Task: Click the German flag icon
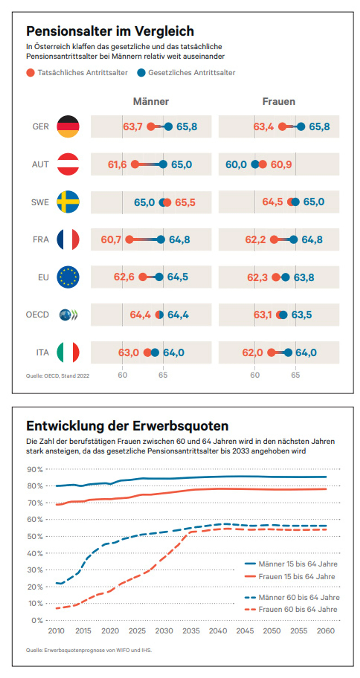click(68, 126)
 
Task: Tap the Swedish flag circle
click(68, 202)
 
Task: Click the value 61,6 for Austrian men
click(117, 164)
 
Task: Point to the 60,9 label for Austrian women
click(281, 164)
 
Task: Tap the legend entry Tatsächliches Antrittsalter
click(82, 73)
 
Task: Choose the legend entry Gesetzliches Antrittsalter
click(191, 73)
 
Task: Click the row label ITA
click(42, 352)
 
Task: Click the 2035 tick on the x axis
click(191, 631)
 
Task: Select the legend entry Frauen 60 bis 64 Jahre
click(298, 609)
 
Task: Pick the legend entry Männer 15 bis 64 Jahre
click(298, 564)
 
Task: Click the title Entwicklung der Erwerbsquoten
click(127, 426)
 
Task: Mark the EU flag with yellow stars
click(68, 277)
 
